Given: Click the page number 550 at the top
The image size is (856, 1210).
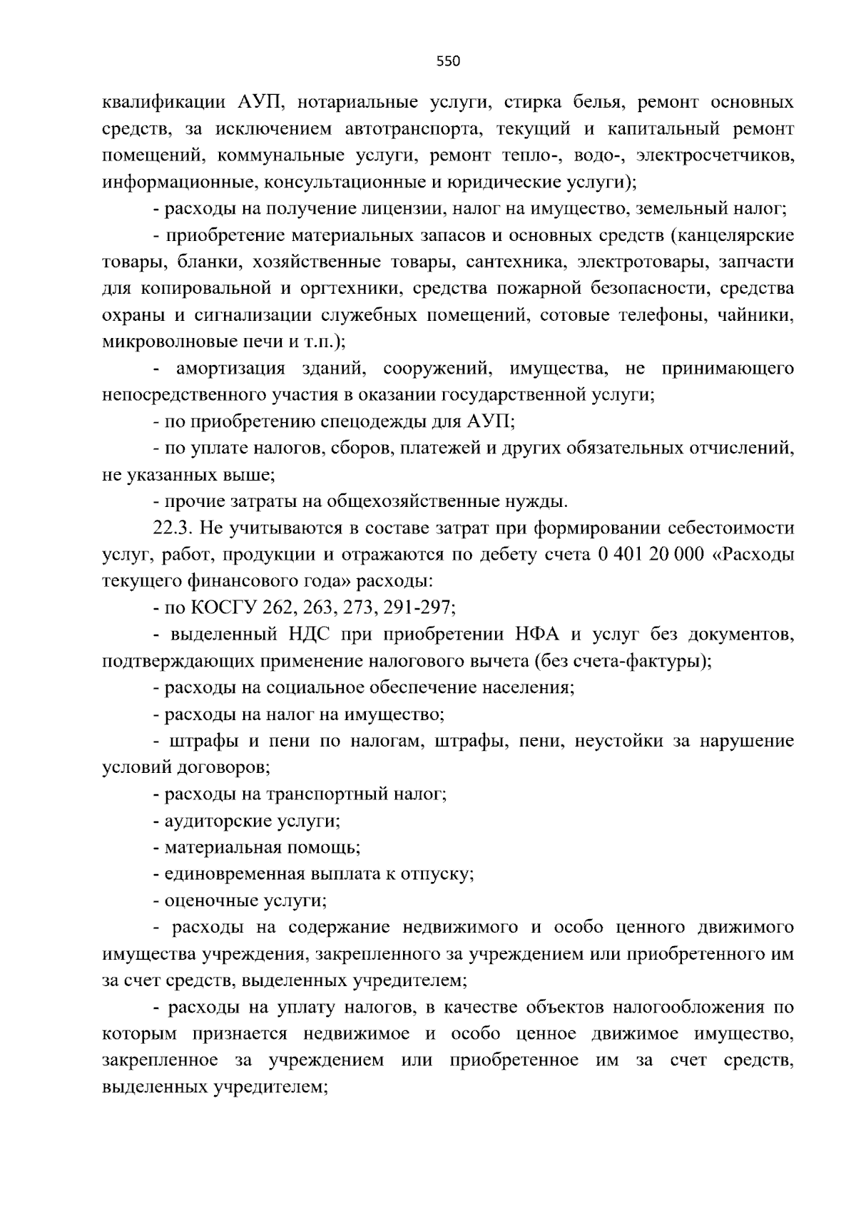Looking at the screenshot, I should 448,61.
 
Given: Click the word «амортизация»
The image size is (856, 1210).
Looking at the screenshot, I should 230,369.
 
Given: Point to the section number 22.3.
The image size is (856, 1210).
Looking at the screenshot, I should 173,528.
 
